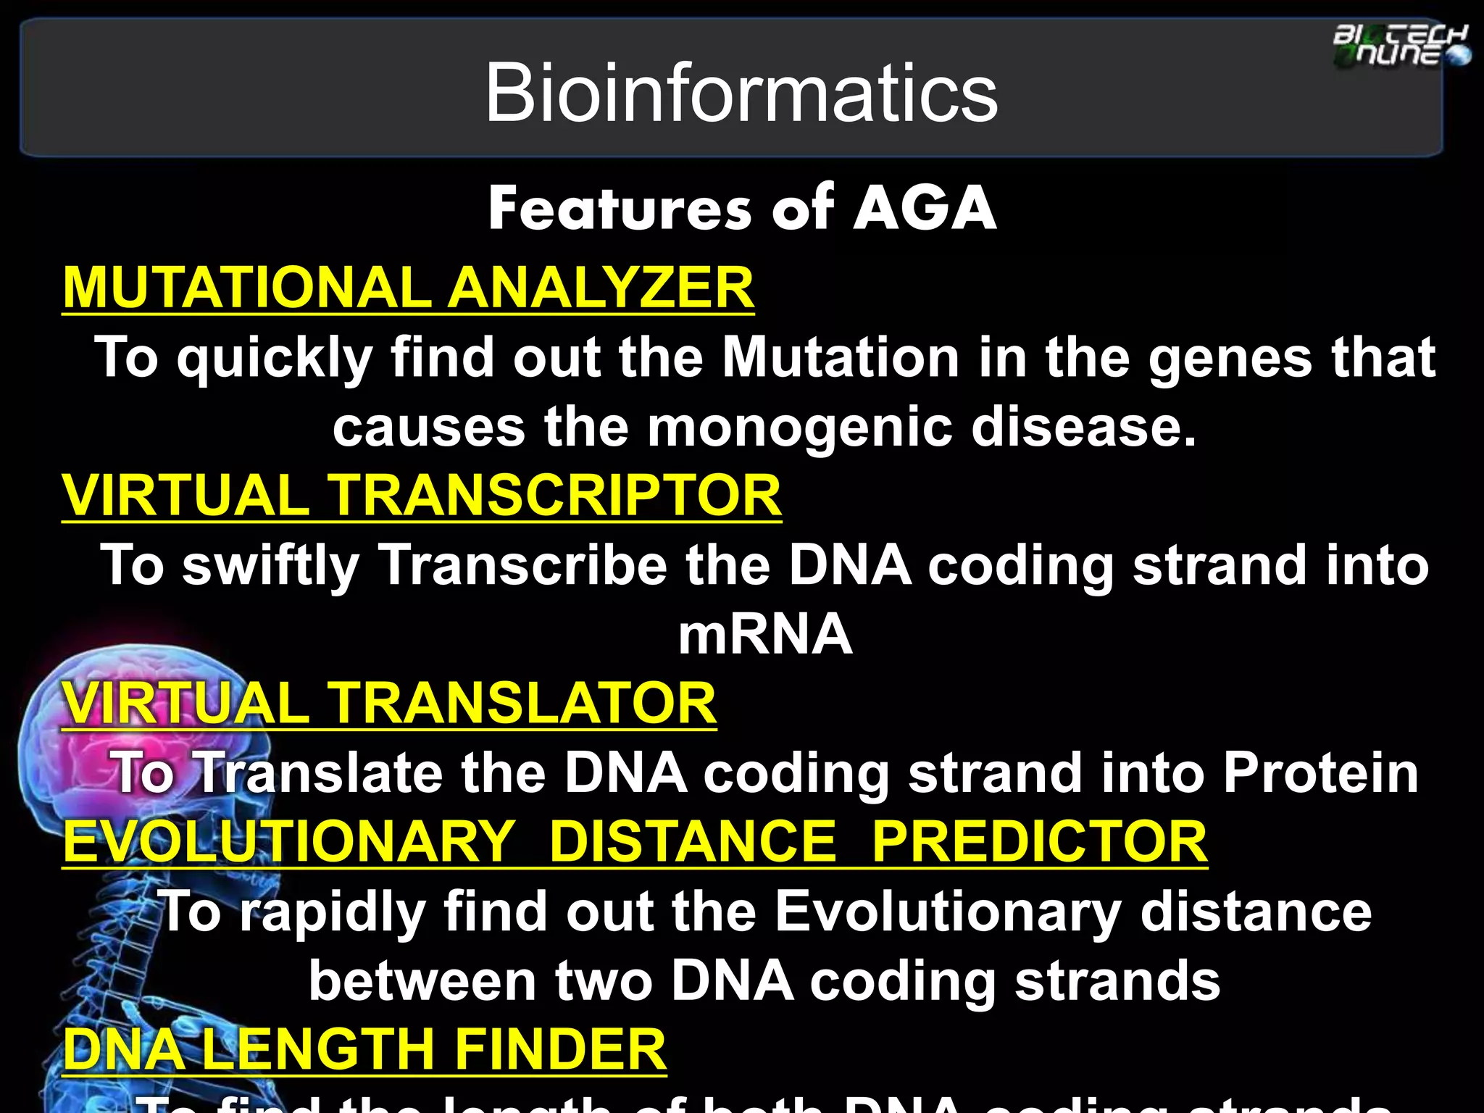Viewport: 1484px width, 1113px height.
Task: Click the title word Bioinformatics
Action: tap(741, 93)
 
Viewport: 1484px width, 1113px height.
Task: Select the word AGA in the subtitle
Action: tap(925, 209)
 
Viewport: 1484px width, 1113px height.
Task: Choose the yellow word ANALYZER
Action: tap(601, 287)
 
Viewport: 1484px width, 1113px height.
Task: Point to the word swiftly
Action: tap(270, 566)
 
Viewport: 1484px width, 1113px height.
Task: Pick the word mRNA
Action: tap(765, 634)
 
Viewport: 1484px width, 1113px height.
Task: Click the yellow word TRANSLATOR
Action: tap(522, 703)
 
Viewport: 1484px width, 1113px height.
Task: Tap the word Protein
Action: tap(1320, 773)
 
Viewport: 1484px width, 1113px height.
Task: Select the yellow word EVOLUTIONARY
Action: tap(290, 841)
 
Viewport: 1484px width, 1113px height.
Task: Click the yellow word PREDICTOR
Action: tap(1039, 841)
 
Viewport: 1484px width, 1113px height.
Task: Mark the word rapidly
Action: tap(333, 912)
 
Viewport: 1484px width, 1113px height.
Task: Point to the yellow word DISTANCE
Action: tap(693, 841)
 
